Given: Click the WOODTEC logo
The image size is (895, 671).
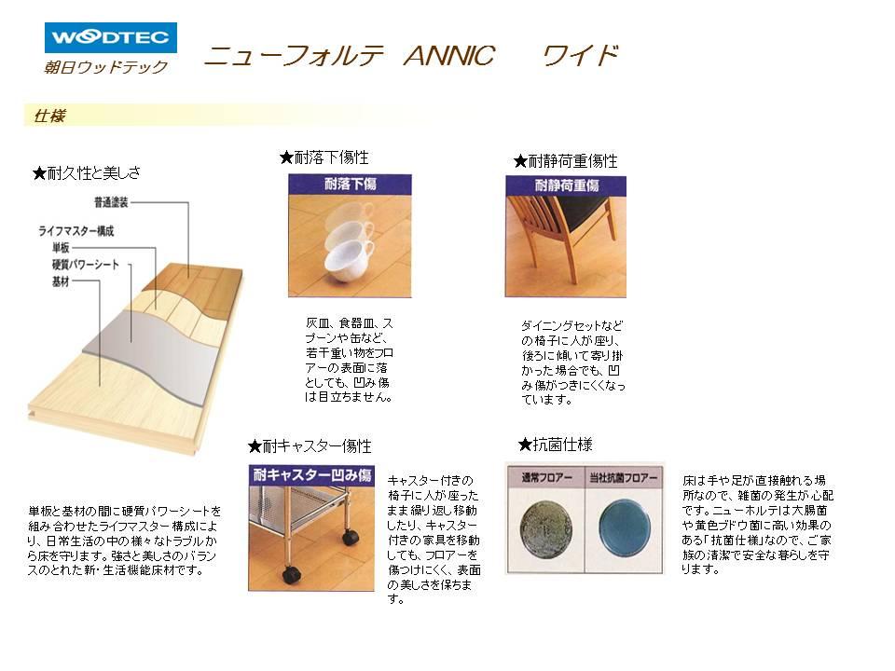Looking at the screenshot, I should click(x=110, y=38).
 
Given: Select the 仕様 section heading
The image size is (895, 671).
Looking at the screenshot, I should click(x=48, y=116).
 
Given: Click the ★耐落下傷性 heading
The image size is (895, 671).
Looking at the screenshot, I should click(x=324, y=157).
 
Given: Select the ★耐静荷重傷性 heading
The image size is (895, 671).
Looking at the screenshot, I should click(x=566, y=161).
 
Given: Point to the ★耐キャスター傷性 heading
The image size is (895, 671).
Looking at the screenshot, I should click(x=310, y=446).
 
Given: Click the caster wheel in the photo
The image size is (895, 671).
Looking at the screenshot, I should click(x=350, y=538).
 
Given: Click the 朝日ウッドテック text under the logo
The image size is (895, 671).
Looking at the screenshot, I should click(x=105, y=67).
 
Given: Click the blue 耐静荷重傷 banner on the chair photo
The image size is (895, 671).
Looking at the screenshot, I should click(x=566, y=185).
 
